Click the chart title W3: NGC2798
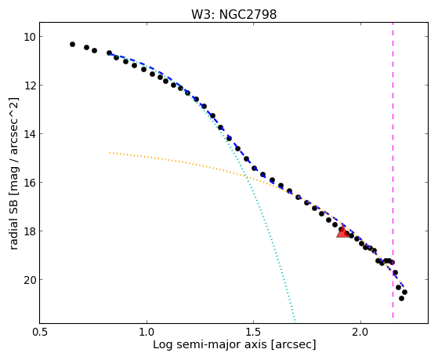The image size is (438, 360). (x=233, y=15)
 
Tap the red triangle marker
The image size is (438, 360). (x=342, y=232)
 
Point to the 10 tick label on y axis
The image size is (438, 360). (x=29, y=37)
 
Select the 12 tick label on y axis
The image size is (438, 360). (x=29, y=85)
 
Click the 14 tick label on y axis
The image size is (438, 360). (x=29, y=133)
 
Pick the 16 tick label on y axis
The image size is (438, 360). (x=29, y=183)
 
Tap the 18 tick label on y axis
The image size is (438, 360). (x=29, y=231)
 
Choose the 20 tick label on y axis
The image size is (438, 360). (x=29, y=280)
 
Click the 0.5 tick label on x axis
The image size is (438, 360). (x=39, y=332)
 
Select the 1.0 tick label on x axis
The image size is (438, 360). (x=147, y=332)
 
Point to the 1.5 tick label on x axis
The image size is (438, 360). (x=253, y=332)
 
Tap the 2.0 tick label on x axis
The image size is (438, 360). (x=360, y=332)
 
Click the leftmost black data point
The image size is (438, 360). (x=72, y=44)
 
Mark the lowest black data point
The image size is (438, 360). (x=401, y=299)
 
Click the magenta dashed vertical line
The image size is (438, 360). (x=393, y=170)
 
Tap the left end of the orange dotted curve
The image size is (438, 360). (x=110, y=152)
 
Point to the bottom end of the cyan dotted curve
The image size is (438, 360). (x=295, y=322)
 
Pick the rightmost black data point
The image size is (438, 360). (x=404, y=292)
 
